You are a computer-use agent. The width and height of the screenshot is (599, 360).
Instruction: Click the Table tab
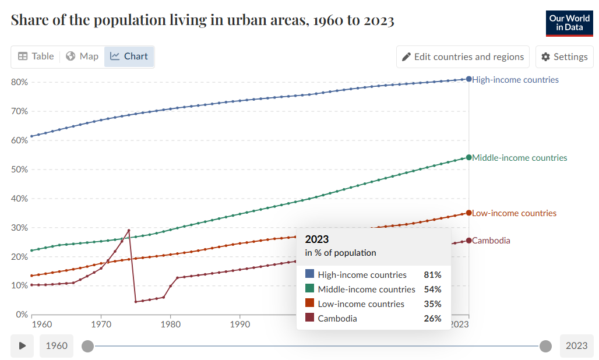(x=36, y=57)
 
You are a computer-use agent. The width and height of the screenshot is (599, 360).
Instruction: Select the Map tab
(x=82, y=57)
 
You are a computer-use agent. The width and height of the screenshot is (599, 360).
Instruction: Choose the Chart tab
(x=129, y=57)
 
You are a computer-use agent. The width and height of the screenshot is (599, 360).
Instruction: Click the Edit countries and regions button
(x=463, y=57)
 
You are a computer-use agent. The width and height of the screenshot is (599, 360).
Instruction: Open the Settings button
(x=564, y=57)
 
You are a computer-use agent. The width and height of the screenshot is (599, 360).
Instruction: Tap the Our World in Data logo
(x=569, y=23)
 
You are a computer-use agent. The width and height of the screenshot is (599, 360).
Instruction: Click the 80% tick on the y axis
(x=20, y=82)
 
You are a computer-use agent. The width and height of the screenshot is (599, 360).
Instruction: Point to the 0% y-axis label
(x=22, y=315)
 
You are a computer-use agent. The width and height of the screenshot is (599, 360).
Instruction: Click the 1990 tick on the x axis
(x=239, y=324)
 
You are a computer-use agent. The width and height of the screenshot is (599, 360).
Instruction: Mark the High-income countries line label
(x=515, y=80)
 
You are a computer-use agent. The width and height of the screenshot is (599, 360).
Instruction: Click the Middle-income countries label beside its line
(x=519, y=158)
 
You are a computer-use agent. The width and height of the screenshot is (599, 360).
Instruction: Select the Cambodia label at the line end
(x=491, y=241)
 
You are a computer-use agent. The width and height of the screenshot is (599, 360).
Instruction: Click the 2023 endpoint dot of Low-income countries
(x=469, y=213)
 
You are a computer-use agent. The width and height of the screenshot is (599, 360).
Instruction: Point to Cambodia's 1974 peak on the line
(x=129, y=230)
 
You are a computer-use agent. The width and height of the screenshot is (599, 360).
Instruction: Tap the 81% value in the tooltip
(x=432, y=274)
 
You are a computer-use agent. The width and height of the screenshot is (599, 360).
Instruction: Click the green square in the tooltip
(x=309, y=289)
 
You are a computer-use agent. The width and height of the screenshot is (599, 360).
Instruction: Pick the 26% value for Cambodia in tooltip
(x=432, y=319)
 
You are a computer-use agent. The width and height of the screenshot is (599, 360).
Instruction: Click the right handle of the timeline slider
(x=545, y=347)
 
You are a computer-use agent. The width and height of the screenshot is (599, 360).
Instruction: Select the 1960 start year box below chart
(x=57, y=346)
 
